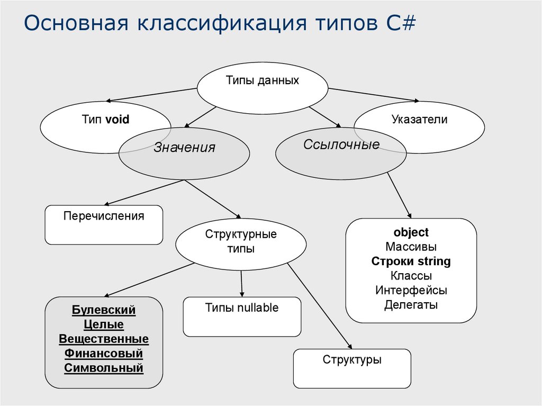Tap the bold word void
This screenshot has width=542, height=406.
click(x=118, y=120)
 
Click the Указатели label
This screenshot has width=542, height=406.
click(x=420, y=120)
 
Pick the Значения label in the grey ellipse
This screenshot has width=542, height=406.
click(x=184, y=148)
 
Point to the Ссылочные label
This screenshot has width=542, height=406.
click(x=341, y=145)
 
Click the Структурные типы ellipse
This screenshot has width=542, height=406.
click(x=241, y=241)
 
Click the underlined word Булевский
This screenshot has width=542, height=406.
click(x=104, y=310)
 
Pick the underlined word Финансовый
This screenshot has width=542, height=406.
click(x=104, y=353)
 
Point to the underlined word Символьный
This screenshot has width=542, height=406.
click(x=104, y=368)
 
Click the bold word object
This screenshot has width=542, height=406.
click(x=411, y=232)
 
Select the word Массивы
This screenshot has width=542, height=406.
click(x=411, y=247)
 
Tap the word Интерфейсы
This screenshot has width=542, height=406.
click(x=411, y=290)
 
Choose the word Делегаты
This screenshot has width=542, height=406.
click(x=411, y=305)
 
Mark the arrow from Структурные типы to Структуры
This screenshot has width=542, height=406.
click(x=319, y=305)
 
